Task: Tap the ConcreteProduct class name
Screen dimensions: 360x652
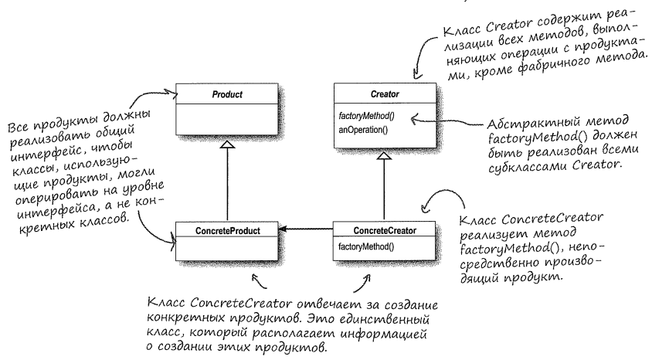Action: coord(227,229)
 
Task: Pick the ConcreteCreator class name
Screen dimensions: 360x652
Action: coord(383,229)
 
